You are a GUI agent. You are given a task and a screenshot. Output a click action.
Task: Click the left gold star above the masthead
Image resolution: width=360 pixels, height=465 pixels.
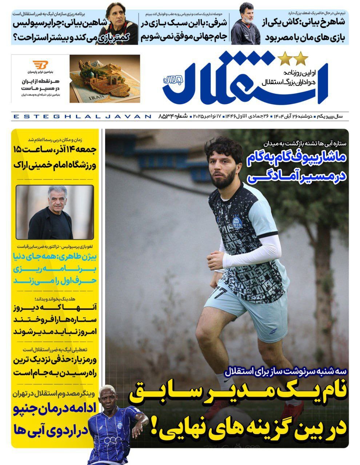pos(285,58)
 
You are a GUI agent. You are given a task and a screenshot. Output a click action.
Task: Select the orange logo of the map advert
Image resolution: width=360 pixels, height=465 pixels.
pos(40,65)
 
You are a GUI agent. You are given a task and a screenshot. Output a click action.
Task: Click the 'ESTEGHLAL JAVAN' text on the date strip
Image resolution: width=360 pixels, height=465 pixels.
pos(81,117)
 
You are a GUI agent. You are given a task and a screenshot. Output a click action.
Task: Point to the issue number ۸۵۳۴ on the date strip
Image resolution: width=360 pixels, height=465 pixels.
pos(168,116)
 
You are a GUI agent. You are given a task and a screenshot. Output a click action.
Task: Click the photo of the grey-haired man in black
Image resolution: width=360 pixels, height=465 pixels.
pos(55,212)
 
